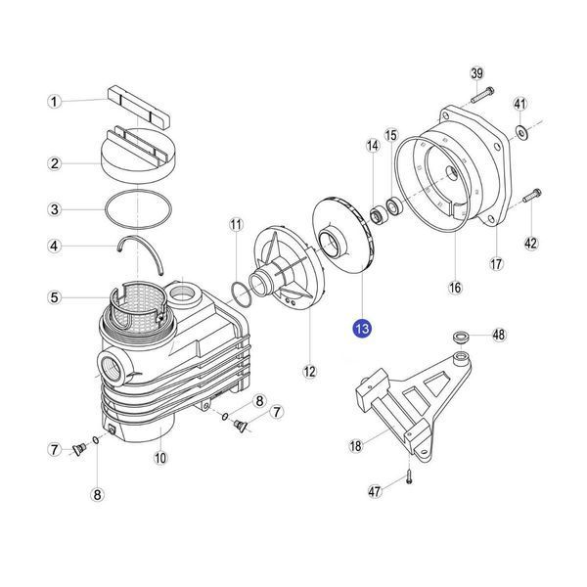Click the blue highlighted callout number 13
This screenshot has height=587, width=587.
[362, 329]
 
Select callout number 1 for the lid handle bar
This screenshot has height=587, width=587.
[55, 102]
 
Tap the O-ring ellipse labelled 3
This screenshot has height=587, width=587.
[139, 209]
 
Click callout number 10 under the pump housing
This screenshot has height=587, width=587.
[160, 458]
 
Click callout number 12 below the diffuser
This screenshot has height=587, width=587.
[309, 372]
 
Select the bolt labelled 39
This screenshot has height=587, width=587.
[482, 95]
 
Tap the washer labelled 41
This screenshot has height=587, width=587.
[521, 131]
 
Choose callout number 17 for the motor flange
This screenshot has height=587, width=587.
[496, 264]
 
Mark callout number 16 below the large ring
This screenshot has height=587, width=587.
[455, 288]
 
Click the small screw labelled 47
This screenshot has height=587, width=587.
[408, 478]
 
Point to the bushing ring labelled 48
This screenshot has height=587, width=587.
[462, 337]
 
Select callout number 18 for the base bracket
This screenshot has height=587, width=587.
[355, 445]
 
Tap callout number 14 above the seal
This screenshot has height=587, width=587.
[373, 146]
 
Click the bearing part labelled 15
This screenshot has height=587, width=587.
[394, 206]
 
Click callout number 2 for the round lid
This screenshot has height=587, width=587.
[55, 163]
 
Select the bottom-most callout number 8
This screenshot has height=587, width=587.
[97, 495]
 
